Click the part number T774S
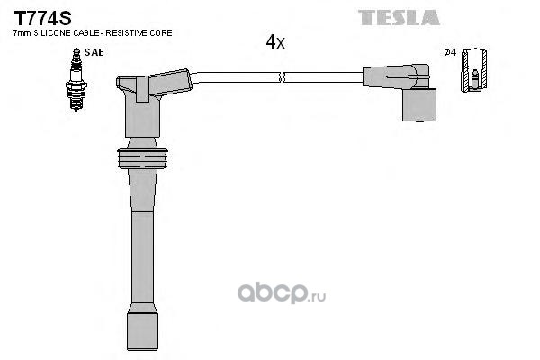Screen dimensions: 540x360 pyautogui.click(x=42, y=18)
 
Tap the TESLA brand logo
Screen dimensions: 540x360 pyautogui.click(x=399, y=18)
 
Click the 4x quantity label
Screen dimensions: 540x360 pyautogui.click(x=275, y=42)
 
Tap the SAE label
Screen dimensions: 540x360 pyautogui.click(x=94, y=52)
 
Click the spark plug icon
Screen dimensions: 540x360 pyautogui.click(x=76, y=79)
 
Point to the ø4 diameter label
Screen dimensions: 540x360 pyautogui.click(x=450, y=52)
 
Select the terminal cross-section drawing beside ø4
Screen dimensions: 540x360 pyautogui.click(x=474, y=70)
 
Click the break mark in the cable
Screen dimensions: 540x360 pyautogui.click(x=283, y=77)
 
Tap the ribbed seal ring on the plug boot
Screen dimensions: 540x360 pyautogui.click(x=142, y=158)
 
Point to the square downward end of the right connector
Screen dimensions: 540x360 pyautogui.click(x=419, y=104)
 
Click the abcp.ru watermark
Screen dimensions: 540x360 pyautogui.click(x=282, y=293)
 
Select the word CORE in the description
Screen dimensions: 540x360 pyautogui.click(x=161, y=33)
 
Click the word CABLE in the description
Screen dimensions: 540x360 pyautogui.click(x=88, y=33)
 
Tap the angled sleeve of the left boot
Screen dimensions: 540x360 pyautogui.click(x=169, y=83)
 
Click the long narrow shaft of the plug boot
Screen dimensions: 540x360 pyautogui.click(x=142, y=257)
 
